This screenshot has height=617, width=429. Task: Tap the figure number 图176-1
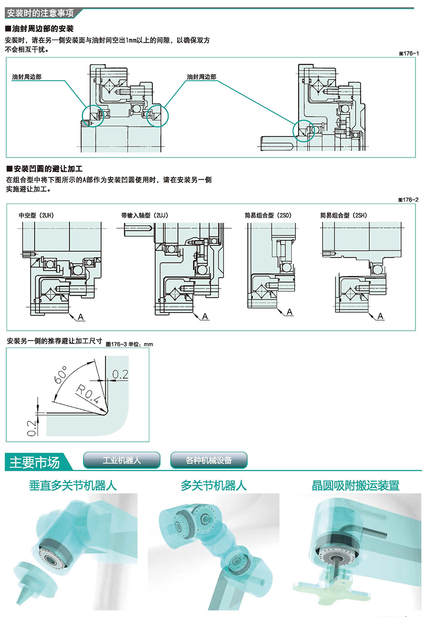click(x=408, y=53)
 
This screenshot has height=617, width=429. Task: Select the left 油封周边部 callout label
click(x=27, y=77)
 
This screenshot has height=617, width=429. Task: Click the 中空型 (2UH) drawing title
click(x=36, y=215)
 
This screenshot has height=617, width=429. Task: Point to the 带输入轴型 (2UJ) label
click(x=145, y=215)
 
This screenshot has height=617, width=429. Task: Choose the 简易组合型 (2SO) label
click(x=268, y=215)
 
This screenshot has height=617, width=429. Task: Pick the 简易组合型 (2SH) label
click(x=344, y=215)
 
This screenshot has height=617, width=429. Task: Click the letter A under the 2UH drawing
click(x=81, y=317)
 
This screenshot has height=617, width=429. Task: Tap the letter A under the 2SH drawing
click(x=381, y=316)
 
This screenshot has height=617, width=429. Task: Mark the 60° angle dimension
click(x=61, y=375)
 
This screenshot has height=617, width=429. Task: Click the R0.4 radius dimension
click(x=88, y=394)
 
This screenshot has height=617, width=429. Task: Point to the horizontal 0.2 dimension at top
click(x=120, y=375)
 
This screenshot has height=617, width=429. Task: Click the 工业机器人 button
click(x=121, y=460)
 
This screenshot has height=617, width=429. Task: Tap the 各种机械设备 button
click(x=209, y=460)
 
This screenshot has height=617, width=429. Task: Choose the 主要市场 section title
click(x=34, y=462)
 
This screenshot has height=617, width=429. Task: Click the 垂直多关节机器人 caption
click(x=73, y=486)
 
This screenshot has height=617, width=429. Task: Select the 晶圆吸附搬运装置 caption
click(x=355, y=486)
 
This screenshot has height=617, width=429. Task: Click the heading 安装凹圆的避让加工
click(x=45, y=169)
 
